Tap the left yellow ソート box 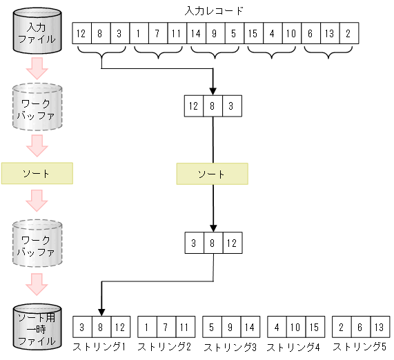(x=37, y=173)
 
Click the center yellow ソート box (x=212, y=174)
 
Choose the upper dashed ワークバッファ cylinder (x=36, y=108)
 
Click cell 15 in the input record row (x=253, y=33)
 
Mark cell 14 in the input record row (x=196, y=33)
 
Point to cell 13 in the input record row (x=330, y=33)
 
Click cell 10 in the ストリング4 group (x=295, y=327)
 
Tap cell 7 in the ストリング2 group (x=166, y=327)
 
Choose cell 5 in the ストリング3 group (x=212, y=327)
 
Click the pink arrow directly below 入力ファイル (x=36, y=68)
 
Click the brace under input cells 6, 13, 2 (x=330, y=52)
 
